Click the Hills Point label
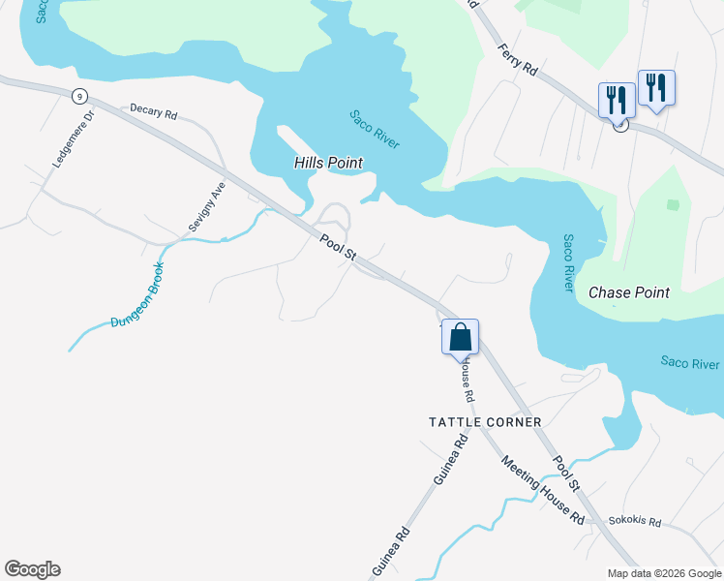(x=327, y=164)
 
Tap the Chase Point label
(x=628, y=292)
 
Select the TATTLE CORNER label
(x=485, y=422)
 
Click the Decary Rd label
(x=155, y=113)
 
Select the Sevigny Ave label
(x=206, y=205)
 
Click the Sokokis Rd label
(x=634, y=522)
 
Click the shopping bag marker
(x=460, y=338)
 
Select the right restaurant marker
(x=656, y=87)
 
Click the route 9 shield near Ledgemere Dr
(x=79, y=95)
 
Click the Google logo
(x=32, y=569)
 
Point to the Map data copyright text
(x=664, y=573)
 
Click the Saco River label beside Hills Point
(x=374, y=129)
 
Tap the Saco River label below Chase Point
(x=690, y=363)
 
